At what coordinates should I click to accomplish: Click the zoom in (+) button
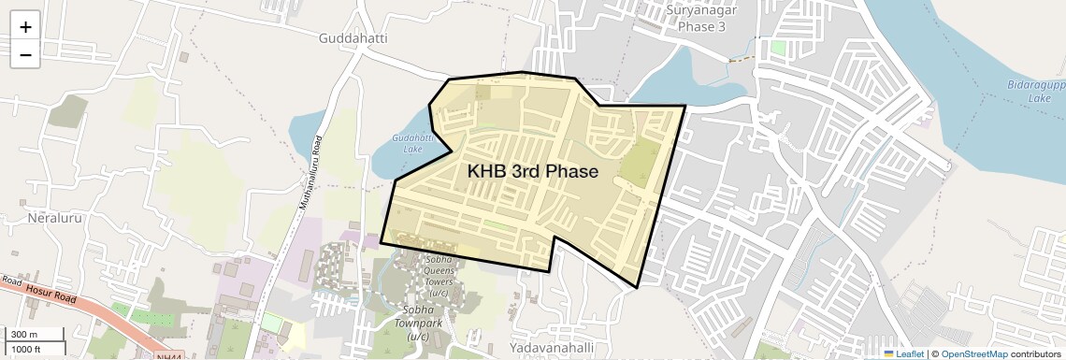25,26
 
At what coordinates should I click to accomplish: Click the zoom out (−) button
25,54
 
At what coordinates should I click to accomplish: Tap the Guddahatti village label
353,38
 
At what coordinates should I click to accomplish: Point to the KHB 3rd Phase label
532,171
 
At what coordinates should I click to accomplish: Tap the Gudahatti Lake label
412,142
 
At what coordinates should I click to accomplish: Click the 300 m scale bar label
24,334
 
